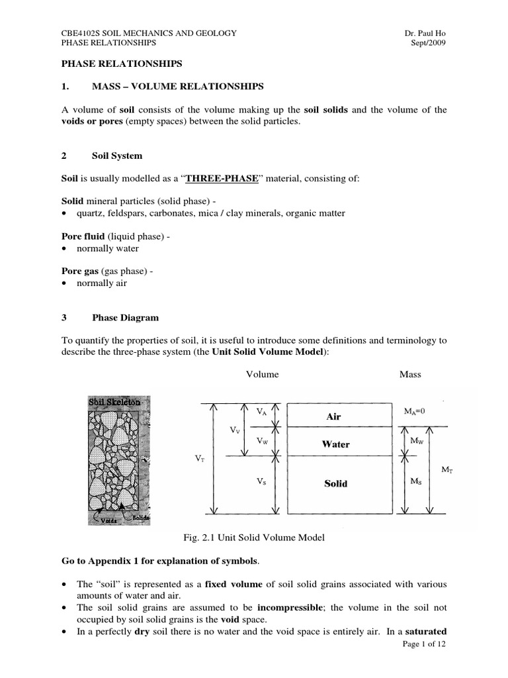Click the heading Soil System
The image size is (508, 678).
pyautogui.click(x=116, y=156)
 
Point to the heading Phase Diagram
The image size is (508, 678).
pyautogui.click(x=125, y=318)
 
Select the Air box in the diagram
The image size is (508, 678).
pyautogui.click(x=335, y=416)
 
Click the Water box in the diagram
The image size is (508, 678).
pyautogui.click(x=335, y=444)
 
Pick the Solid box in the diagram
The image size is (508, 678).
pyautogui.click(x=335, y=484)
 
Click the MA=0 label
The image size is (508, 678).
pyautogui.click(x=414, y=411)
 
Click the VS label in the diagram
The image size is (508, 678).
pyautogui.click(x=261, y=483)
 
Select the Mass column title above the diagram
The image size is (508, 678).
pyautogui.click(x=410, y=374)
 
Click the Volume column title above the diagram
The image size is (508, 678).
pyautogui.click(x=262, y=374)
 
